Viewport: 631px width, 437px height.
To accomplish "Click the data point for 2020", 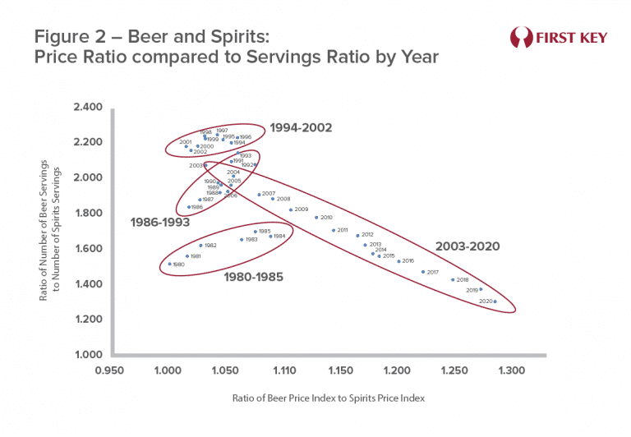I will (495, 301).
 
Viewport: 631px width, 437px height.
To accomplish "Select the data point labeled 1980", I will (169, 264).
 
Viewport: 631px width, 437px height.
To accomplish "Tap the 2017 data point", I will (423, 272).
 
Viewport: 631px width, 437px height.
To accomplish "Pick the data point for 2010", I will (316, 218).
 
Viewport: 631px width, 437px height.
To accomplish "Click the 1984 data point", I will (270, 236).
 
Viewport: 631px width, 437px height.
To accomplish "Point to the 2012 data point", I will (357, 235).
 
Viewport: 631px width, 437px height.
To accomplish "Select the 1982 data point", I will (200, 246).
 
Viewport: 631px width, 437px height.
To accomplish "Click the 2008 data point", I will (273, 199).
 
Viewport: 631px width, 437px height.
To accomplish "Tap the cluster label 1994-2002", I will (299, 128).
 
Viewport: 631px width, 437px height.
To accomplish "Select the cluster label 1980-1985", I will (253, 278).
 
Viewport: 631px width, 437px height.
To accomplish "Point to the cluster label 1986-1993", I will (160, 222).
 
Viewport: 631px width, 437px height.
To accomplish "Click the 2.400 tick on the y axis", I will (87, 108).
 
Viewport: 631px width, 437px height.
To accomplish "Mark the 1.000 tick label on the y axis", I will (87, 356).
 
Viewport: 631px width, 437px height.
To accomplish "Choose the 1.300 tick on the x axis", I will (511, 372).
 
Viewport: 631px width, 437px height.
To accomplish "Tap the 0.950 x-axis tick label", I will (109, 372).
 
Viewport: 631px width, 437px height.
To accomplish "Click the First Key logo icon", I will (521, 38).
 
